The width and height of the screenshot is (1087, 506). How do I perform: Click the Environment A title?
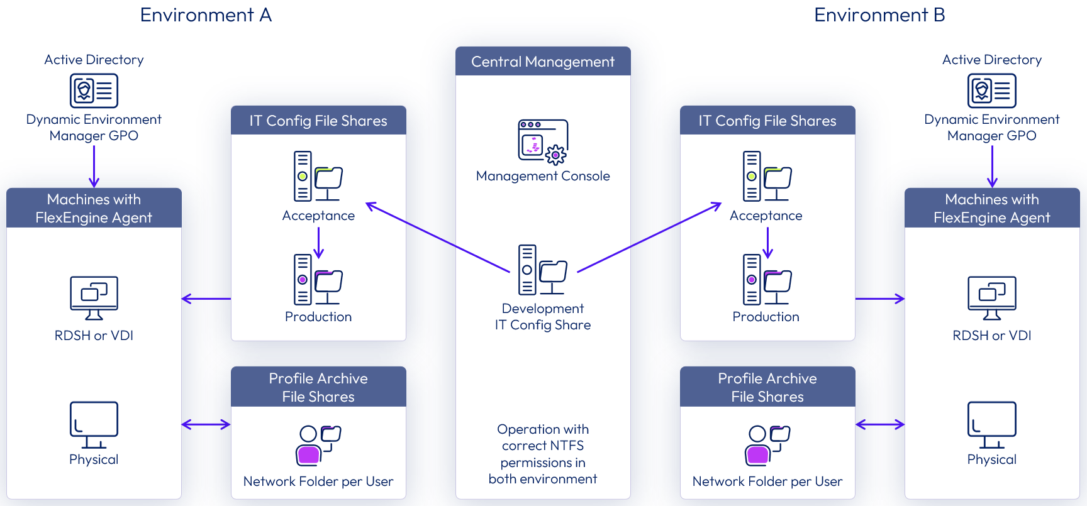pos(206,15)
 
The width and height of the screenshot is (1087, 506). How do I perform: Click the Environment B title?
pos(879,15)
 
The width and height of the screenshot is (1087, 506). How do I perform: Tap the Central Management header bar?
pos(543,62)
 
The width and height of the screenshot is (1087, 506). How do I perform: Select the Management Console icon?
pos(542,141)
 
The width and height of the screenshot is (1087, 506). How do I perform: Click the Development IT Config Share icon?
pos(542,270)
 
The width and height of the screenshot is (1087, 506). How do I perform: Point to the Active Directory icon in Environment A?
pos(94,91)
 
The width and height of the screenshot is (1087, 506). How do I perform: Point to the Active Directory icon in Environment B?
pos(991,91)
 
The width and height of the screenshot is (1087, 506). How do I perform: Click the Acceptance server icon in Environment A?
pos(318,176)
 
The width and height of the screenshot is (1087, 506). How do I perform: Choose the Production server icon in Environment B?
pos(766,279)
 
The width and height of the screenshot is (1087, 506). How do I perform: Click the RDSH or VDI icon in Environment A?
pos(94,297)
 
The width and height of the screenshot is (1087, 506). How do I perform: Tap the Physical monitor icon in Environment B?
pos(991,424)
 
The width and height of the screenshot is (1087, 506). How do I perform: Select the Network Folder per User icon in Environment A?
pos(318,445)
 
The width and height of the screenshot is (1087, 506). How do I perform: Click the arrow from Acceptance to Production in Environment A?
pos(319,243)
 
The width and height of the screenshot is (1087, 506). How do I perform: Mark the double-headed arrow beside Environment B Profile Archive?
pos(880,425)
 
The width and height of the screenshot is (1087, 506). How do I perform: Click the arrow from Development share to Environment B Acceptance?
pos(649,237)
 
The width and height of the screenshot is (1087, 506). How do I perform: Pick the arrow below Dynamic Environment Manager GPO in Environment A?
pos(94,166)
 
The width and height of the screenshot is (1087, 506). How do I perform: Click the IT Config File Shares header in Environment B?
pos(767,121)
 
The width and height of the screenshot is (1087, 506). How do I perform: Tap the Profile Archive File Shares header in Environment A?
pos(318,387)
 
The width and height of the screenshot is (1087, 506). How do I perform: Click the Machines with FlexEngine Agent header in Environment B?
pos(991,208)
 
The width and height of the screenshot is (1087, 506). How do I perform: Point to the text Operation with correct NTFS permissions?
pos(543,454)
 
